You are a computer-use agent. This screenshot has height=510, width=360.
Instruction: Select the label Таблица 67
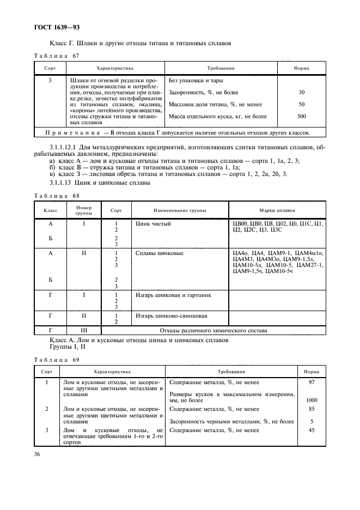coord(57,56)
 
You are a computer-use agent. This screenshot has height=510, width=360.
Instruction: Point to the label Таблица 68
coord(57,196)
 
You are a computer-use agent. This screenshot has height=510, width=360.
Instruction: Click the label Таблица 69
coord(57,360)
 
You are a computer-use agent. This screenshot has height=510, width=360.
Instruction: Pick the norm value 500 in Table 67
coord(301,116)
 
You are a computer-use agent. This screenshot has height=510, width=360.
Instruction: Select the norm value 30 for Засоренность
coord(301,92)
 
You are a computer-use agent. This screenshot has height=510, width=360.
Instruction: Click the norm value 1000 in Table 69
coord(312,400)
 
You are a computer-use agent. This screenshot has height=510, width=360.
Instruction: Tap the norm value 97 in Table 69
coord(312,382)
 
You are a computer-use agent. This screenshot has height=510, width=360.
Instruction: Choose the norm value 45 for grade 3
coord(312,430)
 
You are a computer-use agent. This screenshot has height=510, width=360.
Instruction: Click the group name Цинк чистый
coord(153,224)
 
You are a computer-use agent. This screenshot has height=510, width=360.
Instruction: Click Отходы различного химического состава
coord(213,330)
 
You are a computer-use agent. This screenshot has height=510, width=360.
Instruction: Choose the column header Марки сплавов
coord(277,210)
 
